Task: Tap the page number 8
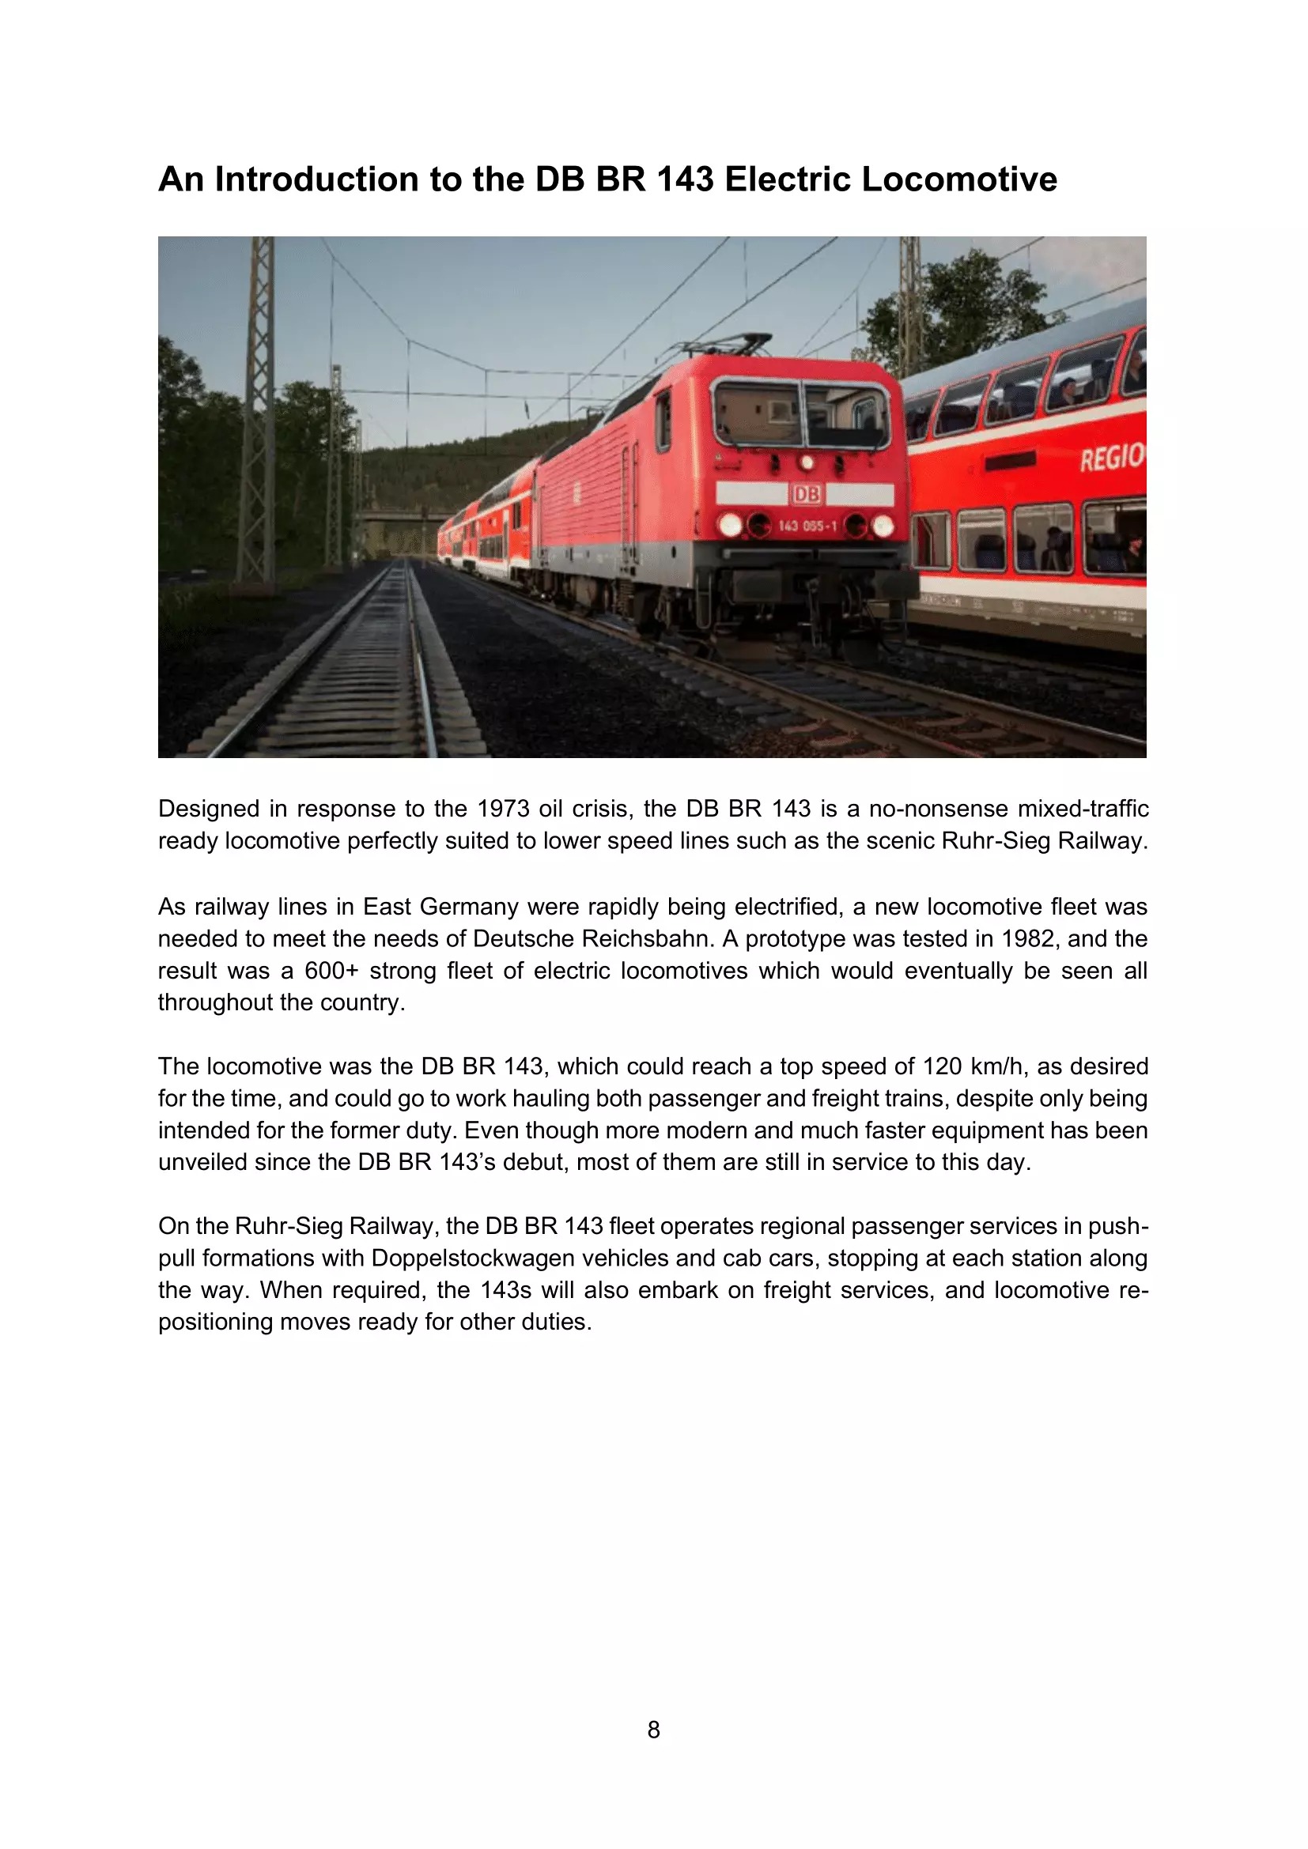pyautogui.click(x=653, y=1729)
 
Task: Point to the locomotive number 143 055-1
pyautogui.click(x=807, y=526)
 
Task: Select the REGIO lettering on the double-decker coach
pyautogui.click(x=1111, y=458)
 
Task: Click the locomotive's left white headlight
pyautogui.click(x=731, y=525)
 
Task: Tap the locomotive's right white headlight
pyautogui.click(x=883, y=526)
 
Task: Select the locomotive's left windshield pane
pyautogui.click(x=757, y=414)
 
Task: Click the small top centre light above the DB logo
pyautogui.click(x=806, y=463)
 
